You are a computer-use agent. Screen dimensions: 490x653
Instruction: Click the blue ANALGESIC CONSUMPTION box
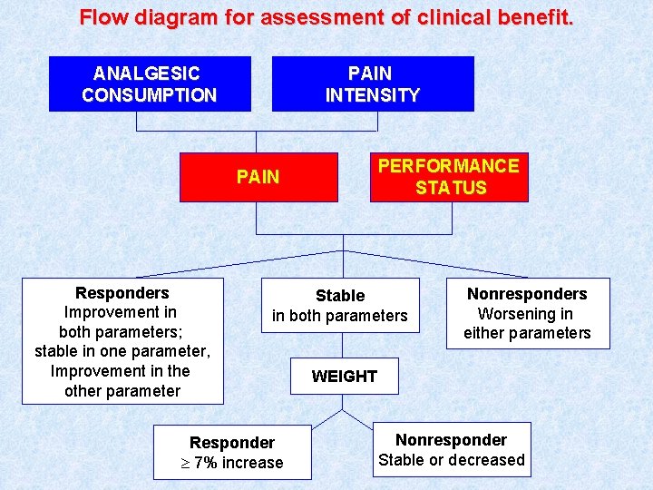[150, 83]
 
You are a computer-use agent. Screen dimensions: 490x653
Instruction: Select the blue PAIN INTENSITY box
[373, 83]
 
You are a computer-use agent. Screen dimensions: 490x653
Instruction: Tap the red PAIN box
[258, 176]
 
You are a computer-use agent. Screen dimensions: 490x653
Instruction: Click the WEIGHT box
[344, 377]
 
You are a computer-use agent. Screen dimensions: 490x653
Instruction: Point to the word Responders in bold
[122, 293]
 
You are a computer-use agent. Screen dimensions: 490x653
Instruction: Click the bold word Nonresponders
[527, 294]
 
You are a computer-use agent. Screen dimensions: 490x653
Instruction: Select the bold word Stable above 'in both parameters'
[340, 296]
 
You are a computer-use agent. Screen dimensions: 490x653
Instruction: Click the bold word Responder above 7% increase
[232, 443]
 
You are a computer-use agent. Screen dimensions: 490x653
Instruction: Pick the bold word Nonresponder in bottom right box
[451, 440]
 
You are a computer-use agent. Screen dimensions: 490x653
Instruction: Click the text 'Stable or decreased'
[451, 460]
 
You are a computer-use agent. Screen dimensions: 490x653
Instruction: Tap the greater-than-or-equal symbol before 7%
[185, 464]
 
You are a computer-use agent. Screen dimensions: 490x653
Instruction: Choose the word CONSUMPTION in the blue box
[150, 95]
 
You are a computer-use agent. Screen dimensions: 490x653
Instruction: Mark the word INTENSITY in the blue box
[373, 95]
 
